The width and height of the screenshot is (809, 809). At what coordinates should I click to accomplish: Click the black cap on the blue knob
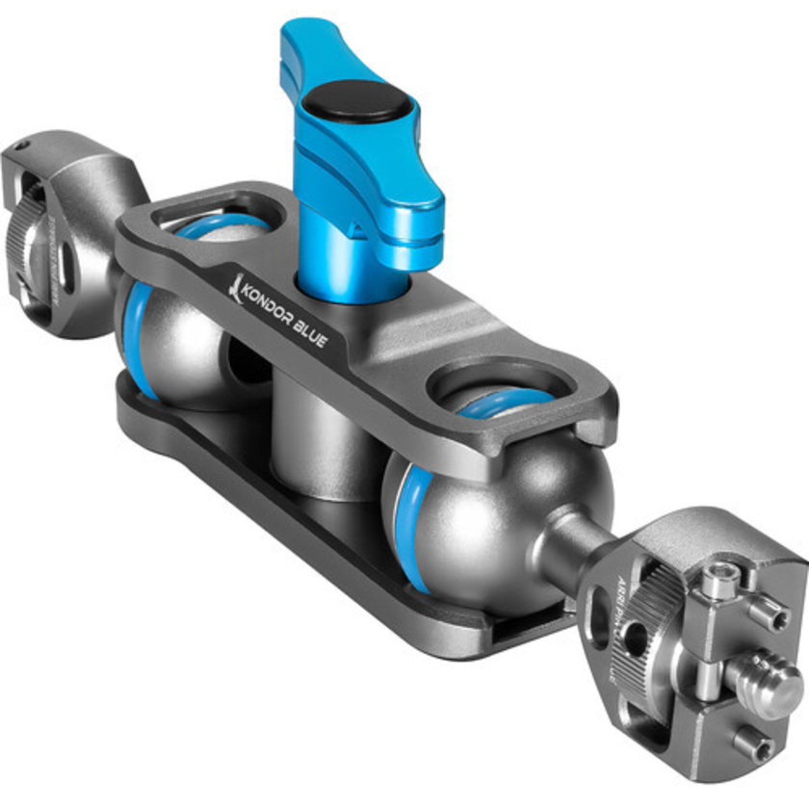tap(354, 99)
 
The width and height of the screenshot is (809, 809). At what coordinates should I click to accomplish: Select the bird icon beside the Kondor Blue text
tap(232, 281)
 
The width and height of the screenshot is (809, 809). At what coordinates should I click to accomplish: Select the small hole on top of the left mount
tap(16, 147)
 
